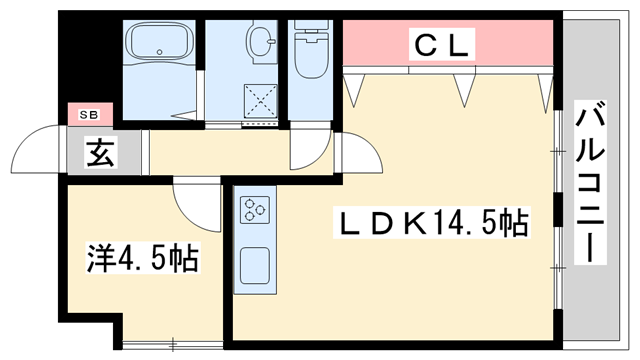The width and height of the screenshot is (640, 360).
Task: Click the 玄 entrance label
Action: click(x=97, y=155)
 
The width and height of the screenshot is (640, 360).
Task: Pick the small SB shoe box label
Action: click(x=90, y=114)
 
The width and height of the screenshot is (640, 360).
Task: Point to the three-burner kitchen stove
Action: click(x=253, y=210)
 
